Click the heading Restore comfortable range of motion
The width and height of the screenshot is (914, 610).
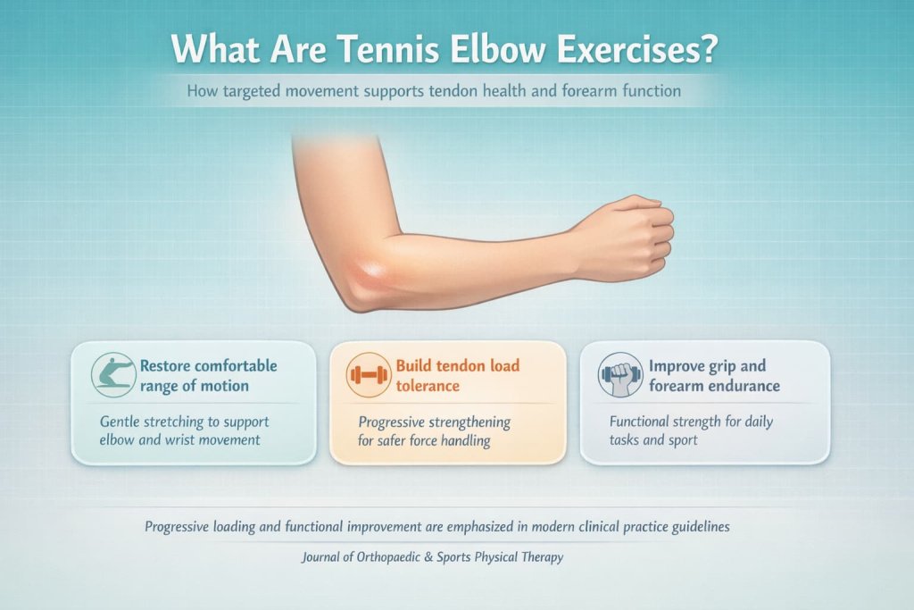click(x=207, y=375)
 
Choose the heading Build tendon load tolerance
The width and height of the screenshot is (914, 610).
click(x=457, y=375)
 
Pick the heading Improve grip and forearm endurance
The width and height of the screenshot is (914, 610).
click(x=713, y=375)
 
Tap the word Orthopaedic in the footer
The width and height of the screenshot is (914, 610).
click(x=370, y=557)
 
